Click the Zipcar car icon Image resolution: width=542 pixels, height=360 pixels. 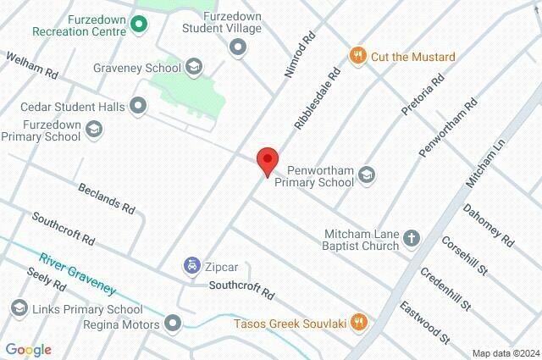tap(192, 266)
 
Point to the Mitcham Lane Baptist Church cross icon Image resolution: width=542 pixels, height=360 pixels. tap(412, 239)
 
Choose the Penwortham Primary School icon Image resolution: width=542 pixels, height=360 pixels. tap(367, 174)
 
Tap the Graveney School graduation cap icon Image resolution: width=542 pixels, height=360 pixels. tap(194, 67)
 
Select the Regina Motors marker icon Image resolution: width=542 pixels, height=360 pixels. tap(174, 324)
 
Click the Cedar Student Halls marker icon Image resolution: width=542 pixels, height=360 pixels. tap(138, 107)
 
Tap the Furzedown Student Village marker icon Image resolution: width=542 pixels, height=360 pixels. tap(238, 49)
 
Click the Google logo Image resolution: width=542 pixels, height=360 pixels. tap(28, 350)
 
